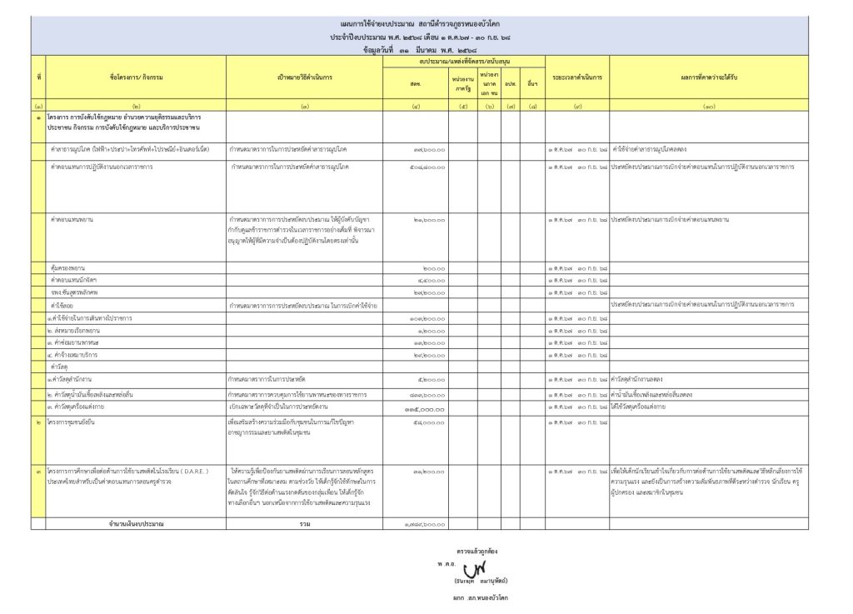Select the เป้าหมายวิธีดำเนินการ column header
305,77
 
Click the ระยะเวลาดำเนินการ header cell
577,77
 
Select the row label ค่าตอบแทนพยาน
72,220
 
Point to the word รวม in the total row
305,523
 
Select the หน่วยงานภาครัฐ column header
463,83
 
